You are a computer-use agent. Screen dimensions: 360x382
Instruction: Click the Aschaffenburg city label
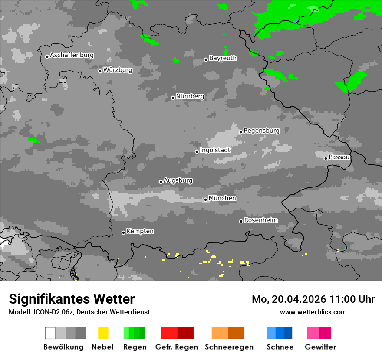[72, 56]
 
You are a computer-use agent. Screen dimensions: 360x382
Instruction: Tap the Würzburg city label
[118, 70]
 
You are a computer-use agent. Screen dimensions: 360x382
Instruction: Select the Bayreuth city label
[223, 58]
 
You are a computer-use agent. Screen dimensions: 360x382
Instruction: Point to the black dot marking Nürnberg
[173, 98]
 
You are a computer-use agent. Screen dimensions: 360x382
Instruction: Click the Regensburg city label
[261, 131]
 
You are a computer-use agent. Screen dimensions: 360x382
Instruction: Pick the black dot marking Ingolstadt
[197, 151]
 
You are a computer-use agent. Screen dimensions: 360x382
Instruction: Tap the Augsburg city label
[178, 180]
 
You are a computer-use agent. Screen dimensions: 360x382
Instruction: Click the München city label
[222, 198]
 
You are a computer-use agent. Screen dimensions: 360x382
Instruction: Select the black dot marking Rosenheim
[241, 221]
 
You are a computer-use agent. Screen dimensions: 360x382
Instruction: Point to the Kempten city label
[140, 231]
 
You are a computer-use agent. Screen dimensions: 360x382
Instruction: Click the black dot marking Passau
[326, 158]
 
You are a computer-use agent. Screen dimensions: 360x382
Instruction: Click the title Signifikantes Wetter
[72, 299]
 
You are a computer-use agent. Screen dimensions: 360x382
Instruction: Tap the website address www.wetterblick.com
[313, 312]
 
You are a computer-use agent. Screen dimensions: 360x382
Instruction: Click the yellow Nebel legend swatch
[103, 333]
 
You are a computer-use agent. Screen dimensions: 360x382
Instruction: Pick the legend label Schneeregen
[229, 347]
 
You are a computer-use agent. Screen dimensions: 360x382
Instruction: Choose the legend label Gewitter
[320, 347]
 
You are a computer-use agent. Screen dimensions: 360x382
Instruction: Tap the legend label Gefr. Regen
[177, 347]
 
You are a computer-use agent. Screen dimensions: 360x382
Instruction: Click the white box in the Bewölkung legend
[50, 333]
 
